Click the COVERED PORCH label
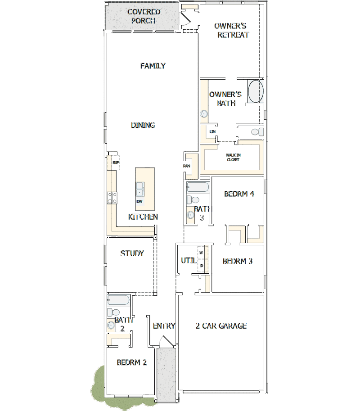(144, 16)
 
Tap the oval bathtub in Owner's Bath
(256, 91)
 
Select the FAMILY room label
(153, 66)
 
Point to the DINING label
(143, 125)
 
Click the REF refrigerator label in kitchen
(116, 163)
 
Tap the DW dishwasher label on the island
(139, 201)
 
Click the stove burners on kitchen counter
(112, 198)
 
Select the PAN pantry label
(187, 166)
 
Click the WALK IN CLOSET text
(233, 157)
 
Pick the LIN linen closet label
(212, 131)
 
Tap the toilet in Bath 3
(193, 199)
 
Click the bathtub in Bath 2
(118, 300)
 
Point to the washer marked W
(201, 253)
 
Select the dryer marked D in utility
(202, 266)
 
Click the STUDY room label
(132, 253)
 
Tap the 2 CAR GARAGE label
(221, 326)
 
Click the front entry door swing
(167, 341)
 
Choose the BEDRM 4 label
(239, 194)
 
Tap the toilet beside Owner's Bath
(257, 131)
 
